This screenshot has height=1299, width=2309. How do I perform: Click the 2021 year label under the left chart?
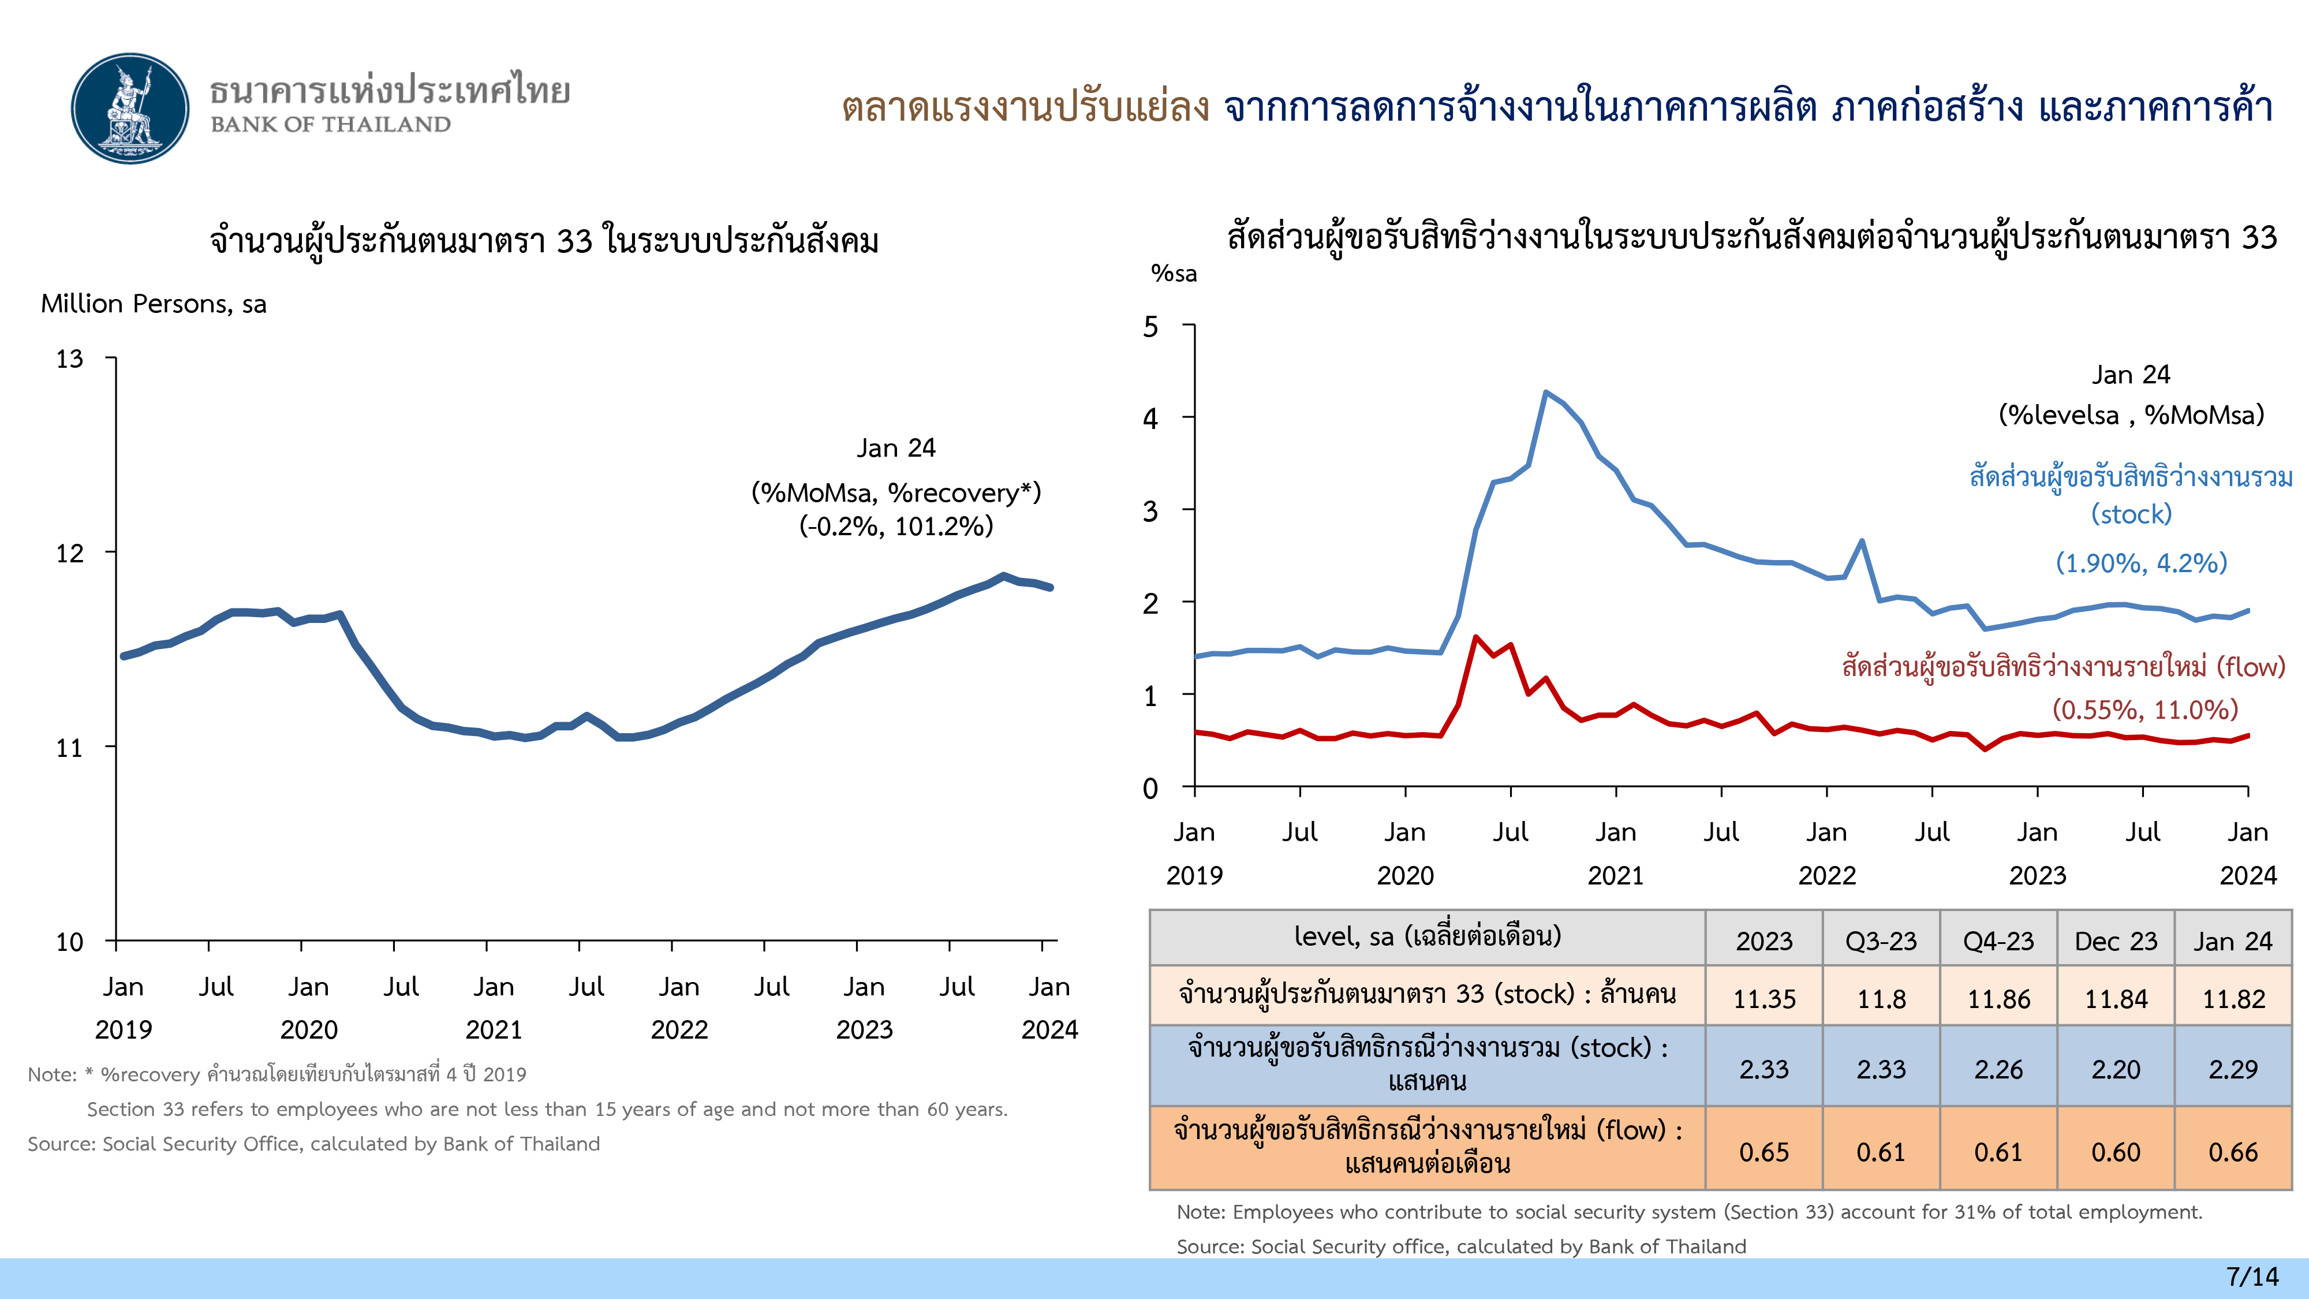coord(494,1029)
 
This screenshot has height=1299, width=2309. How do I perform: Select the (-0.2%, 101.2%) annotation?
coord(896,526)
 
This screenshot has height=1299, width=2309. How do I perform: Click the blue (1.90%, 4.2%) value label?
coord(2140,563)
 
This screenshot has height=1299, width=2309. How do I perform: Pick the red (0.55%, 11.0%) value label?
coord(2145,710)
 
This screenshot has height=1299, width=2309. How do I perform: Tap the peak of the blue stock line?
coord(1545,393)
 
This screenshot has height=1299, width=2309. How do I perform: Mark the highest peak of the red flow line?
coord(1476,637)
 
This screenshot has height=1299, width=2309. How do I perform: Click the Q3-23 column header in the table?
coord(1881,940)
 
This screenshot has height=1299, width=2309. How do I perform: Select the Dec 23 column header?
coord(2116,940)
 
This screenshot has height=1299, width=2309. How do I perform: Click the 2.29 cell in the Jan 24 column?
coord(2233,1069)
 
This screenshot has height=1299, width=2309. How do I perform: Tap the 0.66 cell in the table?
coord(2233,1152)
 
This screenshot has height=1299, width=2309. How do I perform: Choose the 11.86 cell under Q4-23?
coord(1998,998)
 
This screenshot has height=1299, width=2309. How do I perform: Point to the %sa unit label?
coord(1174,274)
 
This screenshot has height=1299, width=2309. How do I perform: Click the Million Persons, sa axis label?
coord(154,304)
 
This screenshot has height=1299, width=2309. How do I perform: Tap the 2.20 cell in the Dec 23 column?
coord(2116,1069)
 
